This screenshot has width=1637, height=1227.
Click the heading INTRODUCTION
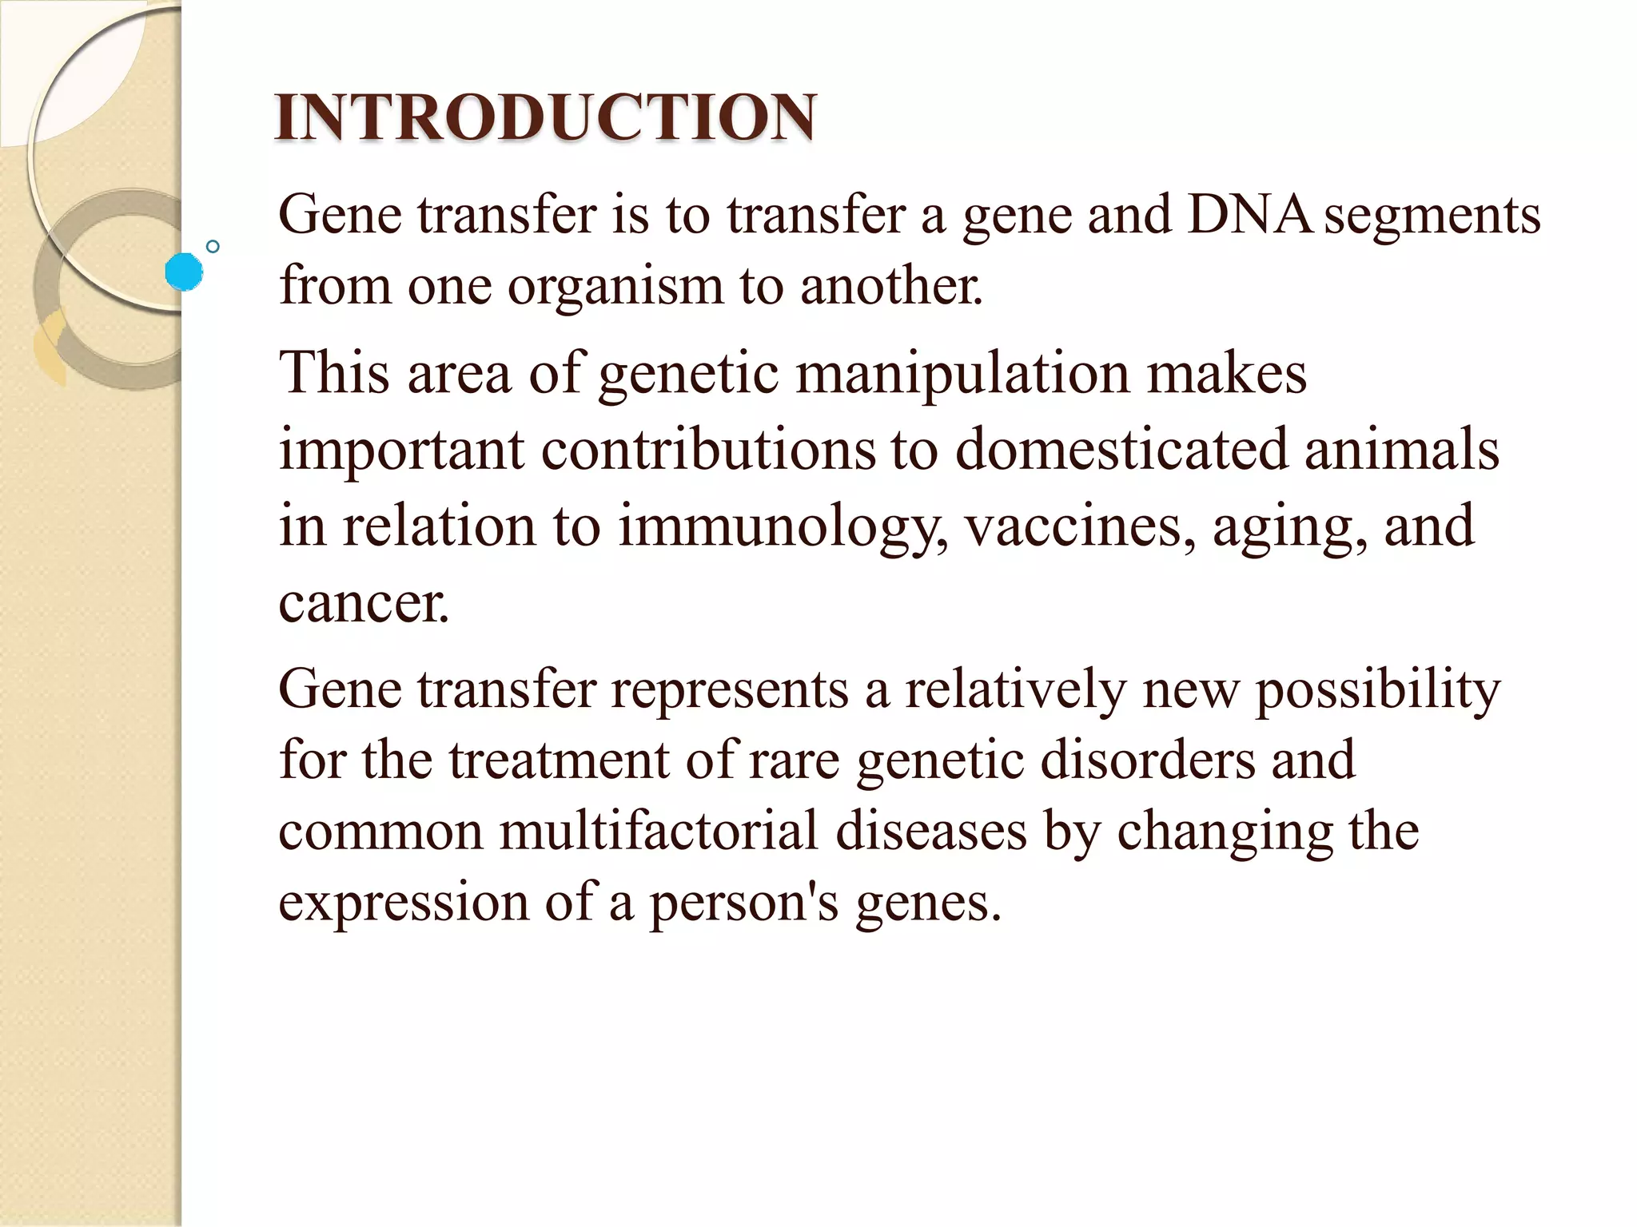[x=545, y=118]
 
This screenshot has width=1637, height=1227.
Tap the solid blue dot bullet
[x=184, y=272]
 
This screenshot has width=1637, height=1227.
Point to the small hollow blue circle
[x=213, y=247]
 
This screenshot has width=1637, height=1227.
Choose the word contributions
[x=708, y=449]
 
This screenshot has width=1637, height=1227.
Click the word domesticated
[x=1122, y=449]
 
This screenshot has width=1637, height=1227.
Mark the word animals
[x=1402, y=449]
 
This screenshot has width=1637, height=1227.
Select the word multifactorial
[x=659, y=831]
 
